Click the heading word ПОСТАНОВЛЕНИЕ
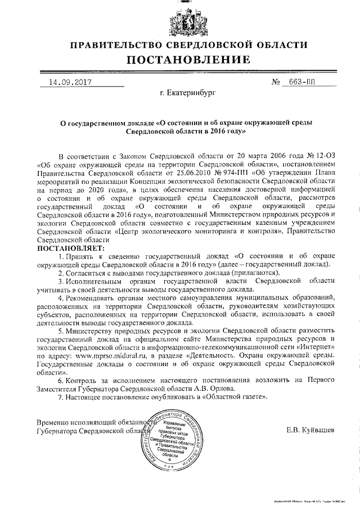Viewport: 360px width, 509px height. pyautogui.click(x=180, y=60)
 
